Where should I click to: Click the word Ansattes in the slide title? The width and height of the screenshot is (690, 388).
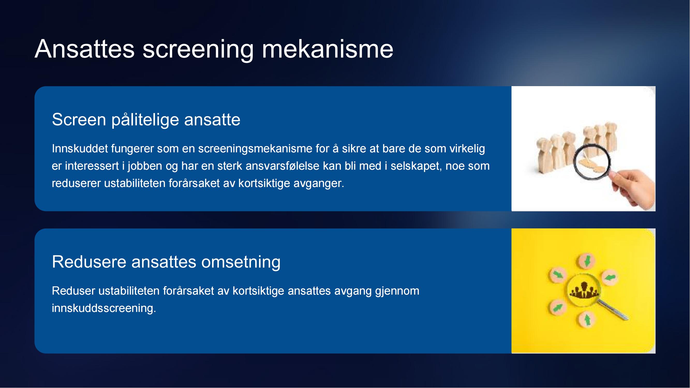(x=85, y=49)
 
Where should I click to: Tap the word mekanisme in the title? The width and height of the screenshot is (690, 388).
(x=328, y=49)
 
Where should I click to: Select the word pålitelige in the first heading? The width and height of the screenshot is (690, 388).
(x=145, y=120)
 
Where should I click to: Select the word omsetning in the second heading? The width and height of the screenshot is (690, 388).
(x=241, y=262)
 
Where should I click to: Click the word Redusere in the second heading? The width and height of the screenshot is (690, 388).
(x=89, y=262)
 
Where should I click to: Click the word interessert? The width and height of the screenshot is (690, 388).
(x=92, y=166)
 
